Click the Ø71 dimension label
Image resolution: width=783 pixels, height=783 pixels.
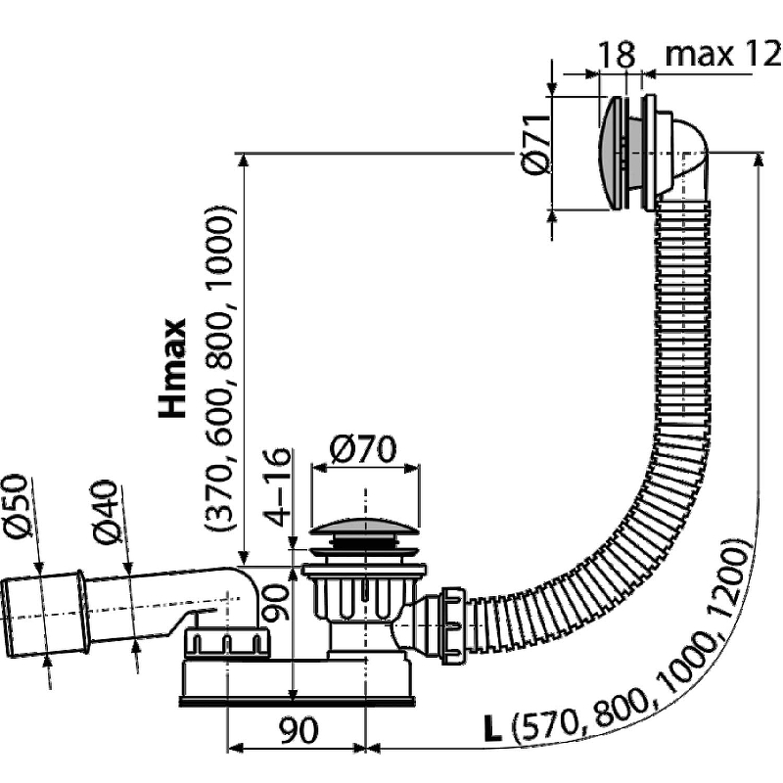point(533,151)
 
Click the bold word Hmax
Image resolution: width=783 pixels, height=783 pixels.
point(173,368)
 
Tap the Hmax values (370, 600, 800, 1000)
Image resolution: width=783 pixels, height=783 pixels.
point(220,367)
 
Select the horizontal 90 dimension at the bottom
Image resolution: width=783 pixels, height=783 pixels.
point(295,730)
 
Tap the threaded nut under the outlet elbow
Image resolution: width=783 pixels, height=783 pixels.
point(226,643)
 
